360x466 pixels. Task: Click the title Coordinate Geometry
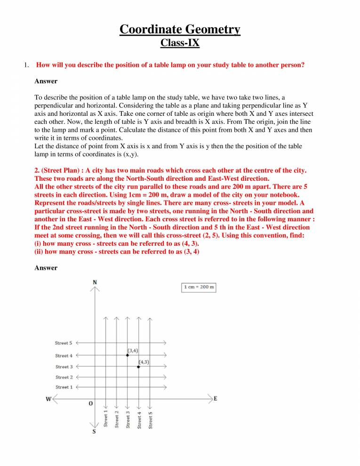tap(180, 29)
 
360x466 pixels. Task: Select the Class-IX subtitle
tap(180, 43)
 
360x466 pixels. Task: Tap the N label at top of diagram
tap(95, 282)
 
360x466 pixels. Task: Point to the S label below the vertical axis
tap(94, 432)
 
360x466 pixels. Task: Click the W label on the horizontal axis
tap(48, 399)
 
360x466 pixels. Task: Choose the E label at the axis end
tap(216, 398)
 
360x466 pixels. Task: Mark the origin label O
tap(90, 404)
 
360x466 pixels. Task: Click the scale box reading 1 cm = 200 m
tap(199, 287)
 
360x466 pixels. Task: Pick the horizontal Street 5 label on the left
tap(64, 343)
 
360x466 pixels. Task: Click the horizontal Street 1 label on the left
tap(64, 387)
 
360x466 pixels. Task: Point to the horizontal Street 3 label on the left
tap(64, 367)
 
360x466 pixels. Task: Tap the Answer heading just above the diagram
tap(46, 268)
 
